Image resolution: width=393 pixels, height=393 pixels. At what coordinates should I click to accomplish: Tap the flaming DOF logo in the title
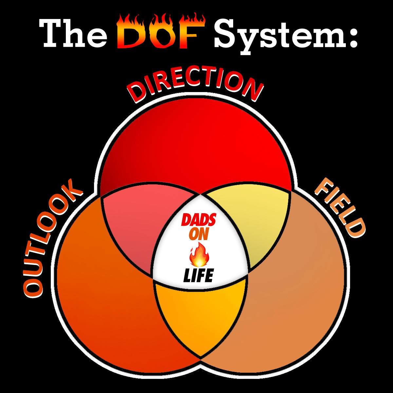click(x=161, y=33)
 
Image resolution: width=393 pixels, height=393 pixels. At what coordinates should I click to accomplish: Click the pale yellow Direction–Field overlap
click(x=259, y=223)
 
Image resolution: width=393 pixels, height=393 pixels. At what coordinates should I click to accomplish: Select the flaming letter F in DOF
click(x=192, y=33)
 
